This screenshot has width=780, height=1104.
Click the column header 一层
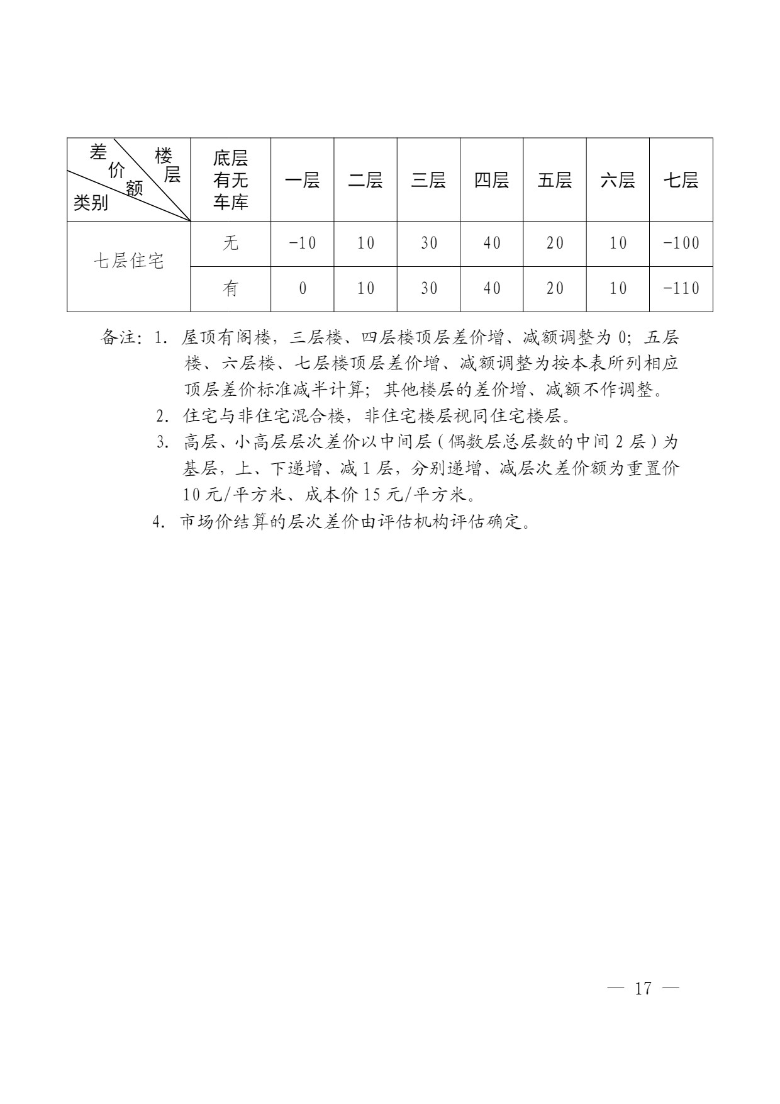(x=302, y=181)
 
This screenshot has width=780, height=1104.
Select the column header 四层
(x=491, y=181)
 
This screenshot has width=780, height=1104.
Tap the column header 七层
(x=681, y=181)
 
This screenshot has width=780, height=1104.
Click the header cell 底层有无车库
(x=231, y=180)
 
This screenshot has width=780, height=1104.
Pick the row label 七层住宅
(x=129, y=261)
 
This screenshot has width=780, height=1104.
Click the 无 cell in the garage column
(x=231, y=243)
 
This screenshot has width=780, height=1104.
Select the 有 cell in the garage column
(x=231, y=289)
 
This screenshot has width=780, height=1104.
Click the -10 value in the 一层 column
(x=302, y=243)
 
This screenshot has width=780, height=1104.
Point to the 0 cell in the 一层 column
(x=303, y=289)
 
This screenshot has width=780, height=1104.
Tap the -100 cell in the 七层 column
(x=681, y=243)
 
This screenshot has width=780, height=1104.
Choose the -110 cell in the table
(x=681, y=289)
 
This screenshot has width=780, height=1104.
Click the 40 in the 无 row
(x=491, y=243)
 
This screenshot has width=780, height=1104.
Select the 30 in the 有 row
(x=428, y=289)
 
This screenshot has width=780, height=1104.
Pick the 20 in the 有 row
(x=555, y=289)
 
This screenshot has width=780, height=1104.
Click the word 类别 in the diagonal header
(x=91, y=203)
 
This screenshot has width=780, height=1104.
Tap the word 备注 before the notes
(x=120, y=338)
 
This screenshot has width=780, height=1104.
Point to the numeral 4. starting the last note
(x=159, y=522)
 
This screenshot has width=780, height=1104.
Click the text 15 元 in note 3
(x=383, y=495)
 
